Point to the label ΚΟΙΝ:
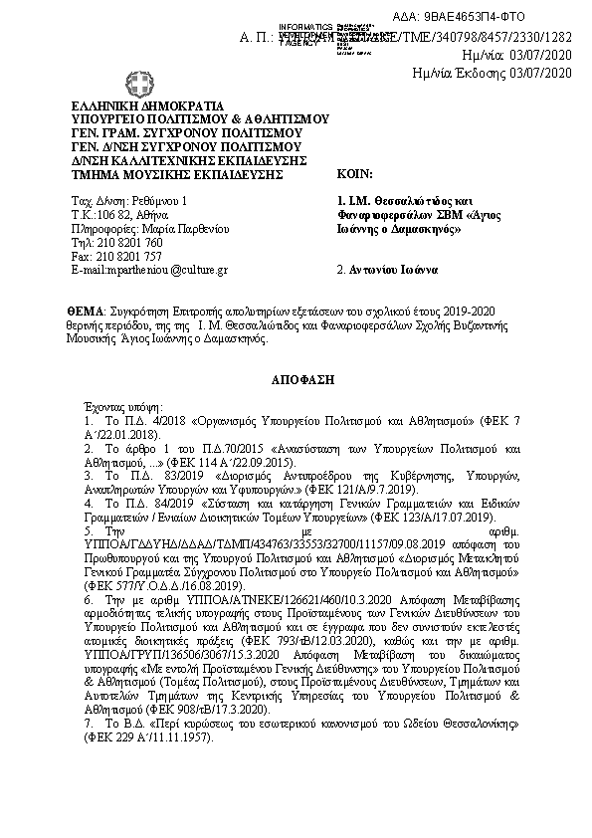354,173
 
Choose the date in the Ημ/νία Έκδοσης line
542,72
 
